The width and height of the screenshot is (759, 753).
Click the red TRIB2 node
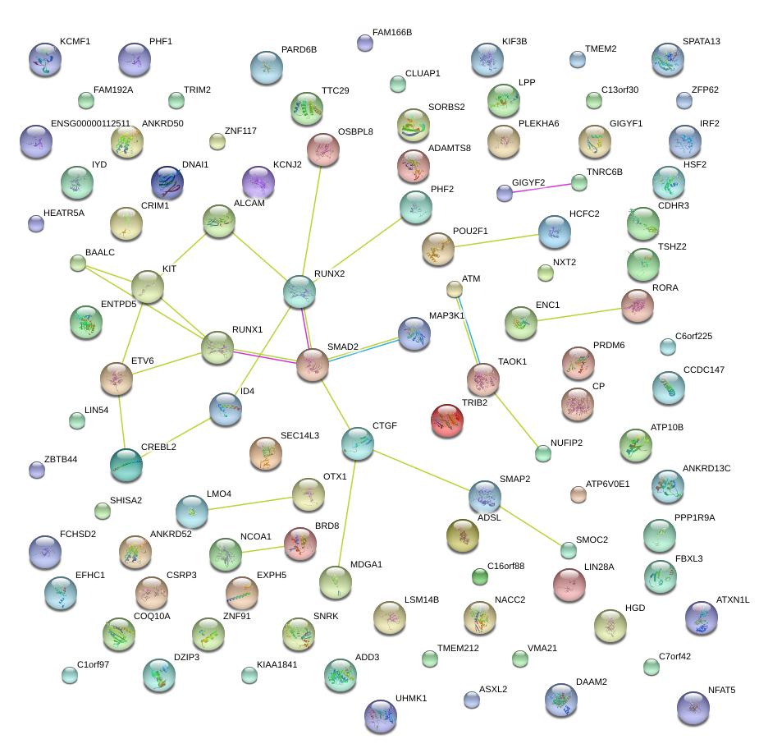(x=446, y=420)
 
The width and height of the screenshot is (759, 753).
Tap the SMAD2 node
(x=312, y=364)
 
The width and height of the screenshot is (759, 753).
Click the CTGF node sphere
(x=358, y=443)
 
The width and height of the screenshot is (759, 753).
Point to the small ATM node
(x=455, y=288)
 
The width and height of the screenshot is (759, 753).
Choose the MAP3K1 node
(x=414, y=333)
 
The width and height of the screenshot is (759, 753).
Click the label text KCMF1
(x=75, y=42)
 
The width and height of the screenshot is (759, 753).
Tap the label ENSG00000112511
(x=90, y=124)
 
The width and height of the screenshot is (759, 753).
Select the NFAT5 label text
(x=721, y=690)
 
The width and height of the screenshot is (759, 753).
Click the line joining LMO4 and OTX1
(x=249, y=502)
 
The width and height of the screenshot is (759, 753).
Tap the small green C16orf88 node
(x=480, y=577)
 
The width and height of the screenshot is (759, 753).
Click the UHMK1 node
(x=380, y=715)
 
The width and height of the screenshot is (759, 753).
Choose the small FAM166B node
(x=365, y=43)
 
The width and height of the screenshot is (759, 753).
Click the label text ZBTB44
(x=61, y=459)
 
